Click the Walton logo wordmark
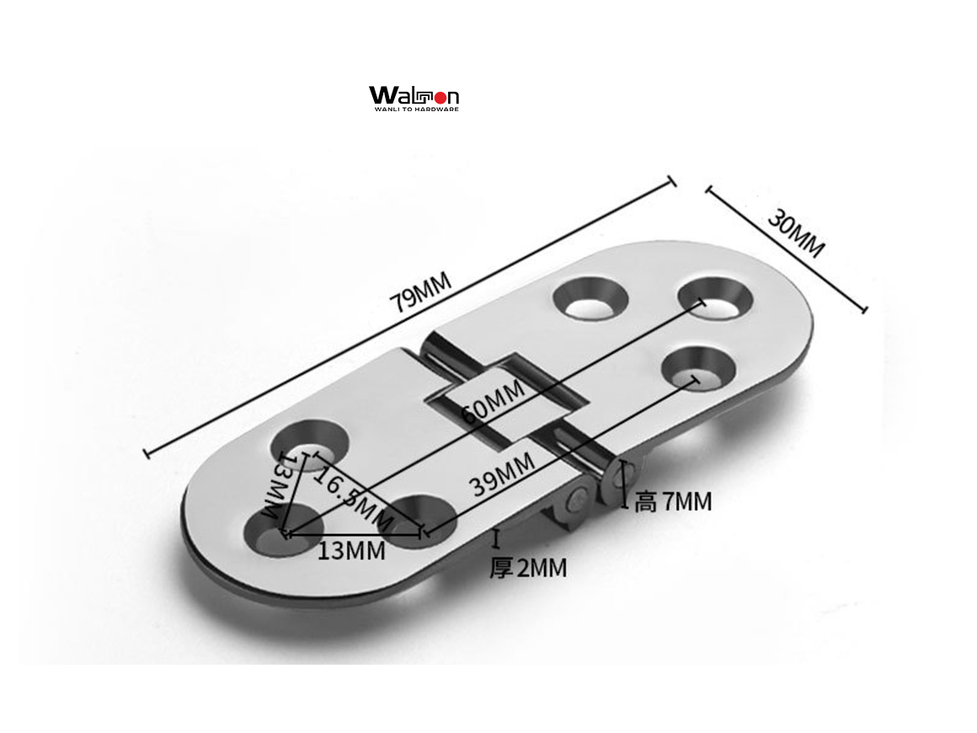(414, 94)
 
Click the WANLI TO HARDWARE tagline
(414, 109)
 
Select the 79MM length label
(419, 292)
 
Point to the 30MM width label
(795, 233)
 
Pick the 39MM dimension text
(502, 474)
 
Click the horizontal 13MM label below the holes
(351, 551)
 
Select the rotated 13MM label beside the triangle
(278, 487)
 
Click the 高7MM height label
(673, 502)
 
